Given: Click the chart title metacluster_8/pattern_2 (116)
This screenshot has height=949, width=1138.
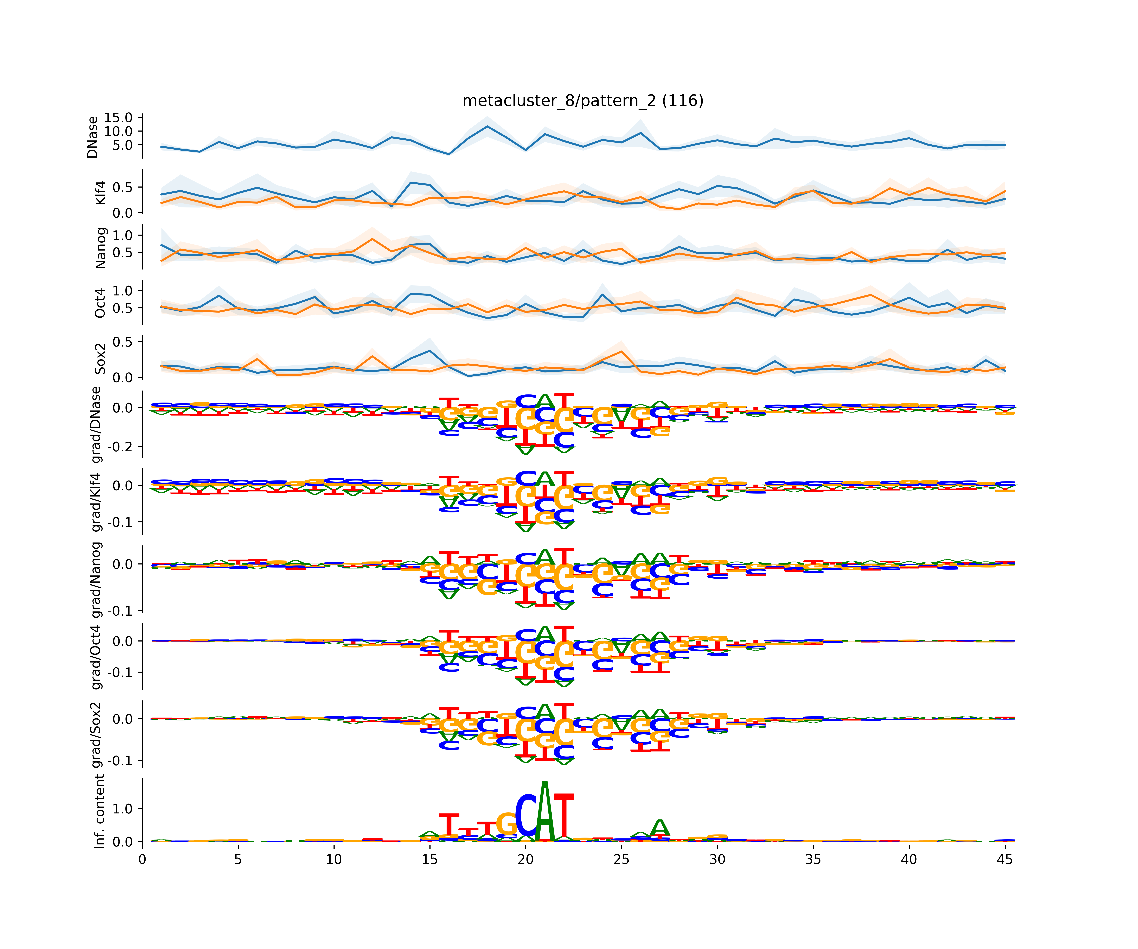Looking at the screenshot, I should pyautogui.click(x=583, y=101).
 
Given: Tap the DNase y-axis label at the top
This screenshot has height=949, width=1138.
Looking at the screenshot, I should pyautogui.click(x=93, y=137).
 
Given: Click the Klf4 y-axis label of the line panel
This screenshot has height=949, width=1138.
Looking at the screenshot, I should pyautogui.click(x=100, y=192).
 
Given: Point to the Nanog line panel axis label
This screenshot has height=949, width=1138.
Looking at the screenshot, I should pyautogui.click(x=100, y=248).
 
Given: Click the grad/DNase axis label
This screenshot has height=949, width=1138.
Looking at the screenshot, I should pyautogui.click(x=96, y=425).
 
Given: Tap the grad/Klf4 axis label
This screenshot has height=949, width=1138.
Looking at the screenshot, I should pyautogui.click(x=96, y=502).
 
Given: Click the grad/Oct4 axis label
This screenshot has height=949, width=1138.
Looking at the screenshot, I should pyautogui.click(x=96, y=657).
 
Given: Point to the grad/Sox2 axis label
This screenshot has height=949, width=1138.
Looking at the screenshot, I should pyautogui.click(x=96, y=735).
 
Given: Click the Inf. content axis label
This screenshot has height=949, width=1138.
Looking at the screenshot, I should pyautogui.click(x=99, y=811).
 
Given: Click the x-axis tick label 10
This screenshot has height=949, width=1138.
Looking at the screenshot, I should pyautogui.click(x=334, y=859).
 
